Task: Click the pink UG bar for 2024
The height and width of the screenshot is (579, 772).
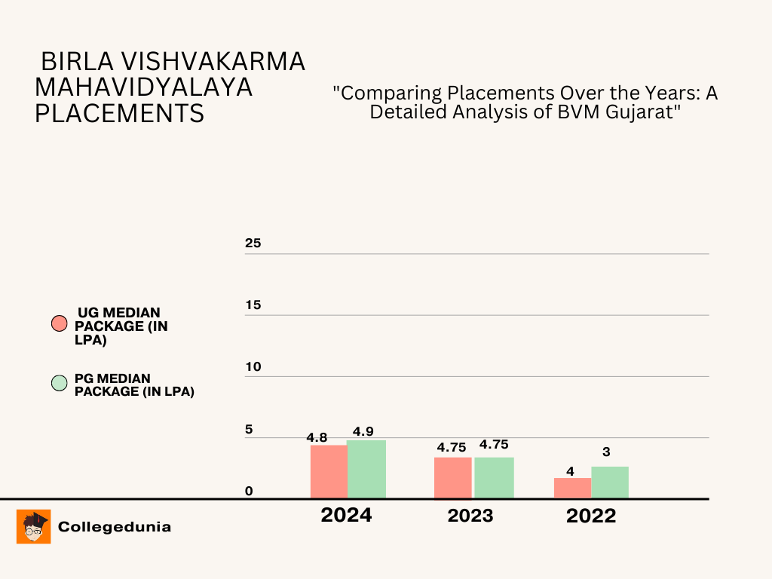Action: [x=329, y=471]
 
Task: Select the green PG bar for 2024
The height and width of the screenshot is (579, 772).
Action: [x=366, y=469]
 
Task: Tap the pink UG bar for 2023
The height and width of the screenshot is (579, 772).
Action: [x=453, y=477]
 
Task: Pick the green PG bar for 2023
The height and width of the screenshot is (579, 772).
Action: [x=494, y=477]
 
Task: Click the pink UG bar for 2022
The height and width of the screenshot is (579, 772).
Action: [x=572, y=488]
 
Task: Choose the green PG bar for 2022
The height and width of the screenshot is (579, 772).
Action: [x=610, y=482]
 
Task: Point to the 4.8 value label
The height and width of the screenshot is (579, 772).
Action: [x=317, y=437]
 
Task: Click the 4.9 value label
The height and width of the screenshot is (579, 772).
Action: [x=363, y=431]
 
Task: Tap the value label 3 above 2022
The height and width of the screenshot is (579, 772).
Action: [x=606, y=452]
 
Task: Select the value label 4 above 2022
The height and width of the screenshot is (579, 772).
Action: [x=570, y=472]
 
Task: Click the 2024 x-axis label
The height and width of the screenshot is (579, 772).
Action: [x=346, y=516]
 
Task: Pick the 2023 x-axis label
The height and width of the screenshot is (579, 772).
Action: [x=470, y=516]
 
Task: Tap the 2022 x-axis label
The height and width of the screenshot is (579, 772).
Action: [x=591, y=516]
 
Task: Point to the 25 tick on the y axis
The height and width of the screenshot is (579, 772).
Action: [x=253, y=244]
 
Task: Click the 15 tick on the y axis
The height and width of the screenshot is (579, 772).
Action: [x=253, y=305]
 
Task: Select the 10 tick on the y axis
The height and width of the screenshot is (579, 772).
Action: [x=253, y=367]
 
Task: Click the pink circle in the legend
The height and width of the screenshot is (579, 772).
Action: [x=60, y=324]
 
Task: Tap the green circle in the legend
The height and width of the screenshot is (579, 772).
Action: [x=60, y=383]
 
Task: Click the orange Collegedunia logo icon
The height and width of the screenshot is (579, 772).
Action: [x=33, y=526]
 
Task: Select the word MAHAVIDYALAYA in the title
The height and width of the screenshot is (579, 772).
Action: [x=143, y=87]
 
